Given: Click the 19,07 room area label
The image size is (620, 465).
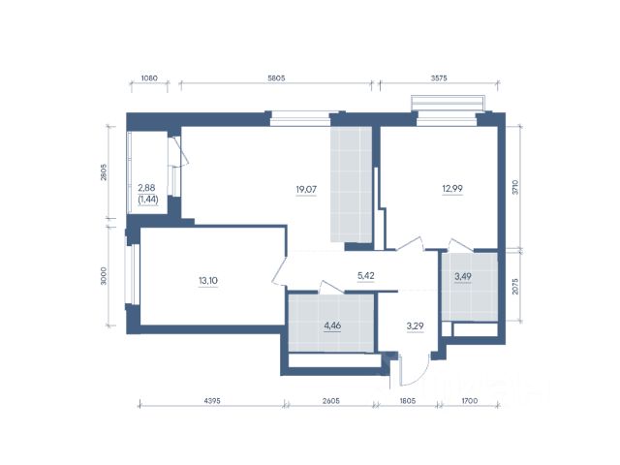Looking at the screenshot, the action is coord(306,190).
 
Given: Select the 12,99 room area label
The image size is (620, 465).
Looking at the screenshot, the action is coord(452,189).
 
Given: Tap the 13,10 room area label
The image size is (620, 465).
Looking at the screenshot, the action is coord(208,281).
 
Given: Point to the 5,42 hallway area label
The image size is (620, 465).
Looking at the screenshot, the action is coord(366,275).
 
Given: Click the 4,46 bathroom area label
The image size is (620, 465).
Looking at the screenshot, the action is coord(332,325).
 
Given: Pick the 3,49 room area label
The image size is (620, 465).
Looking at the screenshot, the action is coord(463,276).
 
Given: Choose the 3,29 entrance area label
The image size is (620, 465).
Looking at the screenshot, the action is coord(416,326).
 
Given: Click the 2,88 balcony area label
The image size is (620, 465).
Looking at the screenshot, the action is coord(146,187).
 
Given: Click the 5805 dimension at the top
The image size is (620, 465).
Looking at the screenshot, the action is coord(276,77).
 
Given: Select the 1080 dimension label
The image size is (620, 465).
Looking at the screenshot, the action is coord(149,77).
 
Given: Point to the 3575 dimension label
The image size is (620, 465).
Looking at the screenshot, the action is coord(439,77).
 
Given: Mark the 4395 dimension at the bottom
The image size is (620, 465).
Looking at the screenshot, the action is coord(212,400).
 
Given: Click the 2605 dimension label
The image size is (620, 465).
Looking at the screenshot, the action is coord(331,400).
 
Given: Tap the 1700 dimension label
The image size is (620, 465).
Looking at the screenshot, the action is coord(469,400).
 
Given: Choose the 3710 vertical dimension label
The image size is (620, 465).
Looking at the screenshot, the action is coord(514,187).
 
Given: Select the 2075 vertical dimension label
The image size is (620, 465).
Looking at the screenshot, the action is coord(514,287).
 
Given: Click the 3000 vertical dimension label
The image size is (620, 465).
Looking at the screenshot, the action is coord(104,276).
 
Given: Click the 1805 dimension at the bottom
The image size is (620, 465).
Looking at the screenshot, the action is coord(408,400).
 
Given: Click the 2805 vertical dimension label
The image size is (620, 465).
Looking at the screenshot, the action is coord(104,172).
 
